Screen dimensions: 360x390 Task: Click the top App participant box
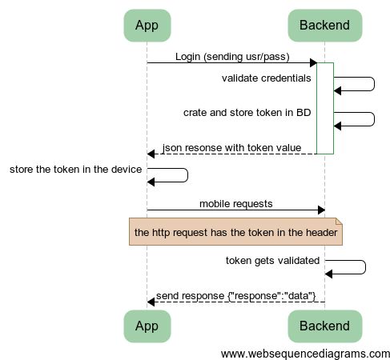click(147, 26)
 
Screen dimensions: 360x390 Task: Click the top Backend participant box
click(324, 26)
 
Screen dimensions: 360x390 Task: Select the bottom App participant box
click(147, 326)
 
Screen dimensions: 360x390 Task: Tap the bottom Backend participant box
click(324, 326)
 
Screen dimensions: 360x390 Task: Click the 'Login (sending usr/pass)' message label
click(232, 57)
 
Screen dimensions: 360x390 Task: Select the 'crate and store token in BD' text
click(247, 113)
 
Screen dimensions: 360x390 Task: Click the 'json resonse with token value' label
click(231, 148)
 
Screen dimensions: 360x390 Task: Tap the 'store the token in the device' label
click(75, 170)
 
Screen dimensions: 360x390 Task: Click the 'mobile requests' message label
click(235, 204)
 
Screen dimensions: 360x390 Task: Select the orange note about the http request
click(236, 232)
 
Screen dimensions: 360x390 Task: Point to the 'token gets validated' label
click(273, 261)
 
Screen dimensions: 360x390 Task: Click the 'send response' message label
click(236, 296)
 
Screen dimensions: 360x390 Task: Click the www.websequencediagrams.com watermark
click(305, 353)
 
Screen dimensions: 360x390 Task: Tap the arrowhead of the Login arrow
click(313, 63)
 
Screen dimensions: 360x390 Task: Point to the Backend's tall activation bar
click(324, 108)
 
